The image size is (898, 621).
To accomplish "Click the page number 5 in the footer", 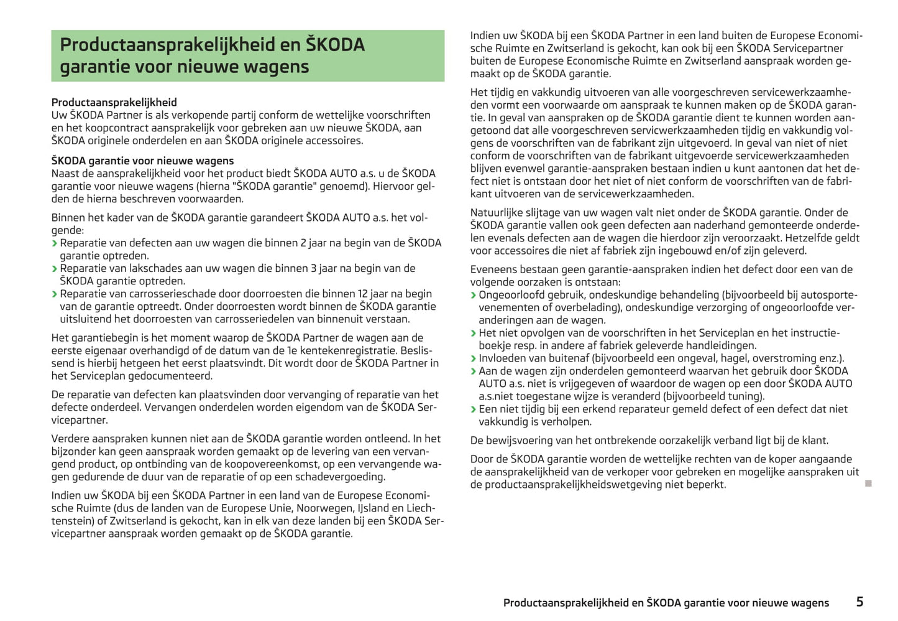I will [859, 602].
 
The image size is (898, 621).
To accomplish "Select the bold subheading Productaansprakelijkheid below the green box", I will [114, 103].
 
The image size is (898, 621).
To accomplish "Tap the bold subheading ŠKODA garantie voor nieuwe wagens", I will [142, 161].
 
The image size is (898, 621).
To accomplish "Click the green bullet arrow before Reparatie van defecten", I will [55, 243].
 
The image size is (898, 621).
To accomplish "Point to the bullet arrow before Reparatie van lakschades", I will [55, 269].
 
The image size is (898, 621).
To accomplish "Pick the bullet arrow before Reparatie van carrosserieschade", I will [55, 294].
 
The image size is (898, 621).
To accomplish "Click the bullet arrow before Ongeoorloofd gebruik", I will [474, 296].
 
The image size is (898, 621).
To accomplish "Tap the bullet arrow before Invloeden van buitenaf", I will [474, 359].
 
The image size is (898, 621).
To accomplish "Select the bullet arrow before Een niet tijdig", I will [474, 409].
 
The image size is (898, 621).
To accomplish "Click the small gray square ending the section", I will [868, 483].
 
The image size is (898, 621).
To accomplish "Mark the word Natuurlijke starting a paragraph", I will [497, 212].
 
